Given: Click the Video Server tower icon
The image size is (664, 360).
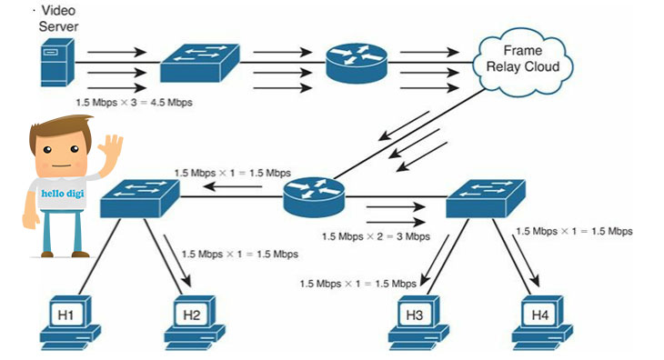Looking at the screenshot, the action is coord(57,62).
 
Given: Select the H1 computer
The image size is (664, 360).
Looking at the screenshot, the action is coord(70,323).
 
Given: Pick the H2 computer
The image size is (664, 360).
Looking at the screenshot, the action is coord(195,323).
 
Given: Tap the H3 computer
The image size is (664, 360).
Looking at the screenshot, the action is coord(418,323).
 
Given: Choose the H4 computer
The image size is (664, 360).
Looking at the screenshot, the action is coord(542,323).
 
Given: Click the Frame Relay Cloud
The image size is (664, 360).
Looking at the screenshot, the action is coord(523,62).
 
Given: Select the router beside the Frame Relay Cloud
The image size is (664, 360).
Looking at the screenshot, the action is coord(357,63).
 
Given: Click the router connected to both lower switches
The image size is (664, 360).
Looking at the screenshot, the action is coord(314,197).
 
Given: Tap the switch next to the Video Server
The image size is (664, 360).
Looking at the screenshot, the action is coord(200,63).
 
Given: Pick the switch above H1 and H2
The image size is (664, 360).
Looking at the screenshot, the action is coord(140,198).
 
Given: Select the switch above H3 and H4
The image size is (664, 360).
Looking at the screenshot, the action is coord(486,198).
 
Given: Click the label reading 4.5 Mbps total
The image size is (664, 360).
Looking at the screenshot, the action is coord(134,103).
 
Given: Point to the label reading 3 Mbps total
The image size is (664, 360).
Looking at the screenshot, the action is coord(376,236).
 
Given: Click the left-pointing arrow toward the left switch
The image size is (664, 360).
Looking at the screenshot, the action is coord(234,186).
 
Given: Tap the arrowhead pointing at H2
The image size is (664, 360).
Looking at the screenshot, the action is coord(186,280).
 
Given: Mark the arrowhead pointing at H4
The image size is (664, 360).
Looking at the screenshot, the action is coord(535,280).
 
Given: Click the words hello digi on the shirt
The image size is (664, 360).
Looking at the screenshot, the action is coord(63,194).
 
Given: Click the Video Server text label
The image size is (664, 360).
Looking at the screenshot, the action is coord(58,18).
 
